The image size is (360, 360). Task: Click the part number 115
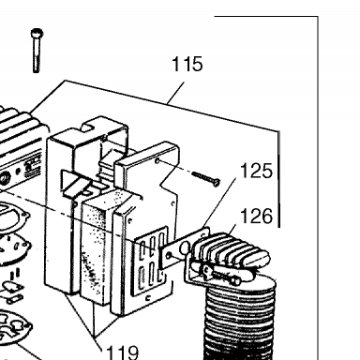(x=187, y=64)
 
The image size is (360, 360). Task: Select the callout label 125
(x=256, y=171)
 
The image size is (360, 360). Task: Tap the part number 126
(x=256, y=216)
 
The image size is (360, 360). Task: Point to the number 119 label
(x=122, y=352)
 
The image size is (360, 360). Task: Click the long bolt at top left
(x=37, y=51)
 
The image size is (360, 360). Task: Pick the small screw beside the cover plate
(x=206, y=178)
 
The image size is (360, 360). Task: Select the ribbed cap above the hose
(x=231, y=249)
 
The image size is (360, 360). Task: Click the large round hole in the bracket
(x=185, y=247)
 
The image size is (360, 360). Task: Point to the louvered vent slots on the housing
(x=152, y=261)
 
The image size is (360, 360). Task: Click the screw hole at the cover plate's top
(x=157, y=161)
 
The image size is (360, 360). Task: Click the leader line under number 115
(x=176, y=93)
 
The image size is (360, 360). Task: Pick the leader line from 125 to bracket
(x=219, y=202)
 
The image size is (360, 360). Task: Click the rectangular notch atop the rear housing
(x=88, y=127)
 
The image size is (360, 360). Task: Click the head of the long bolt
(x=37, y=33)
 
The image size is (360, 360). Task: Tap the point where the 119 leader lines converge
(x=95, y=337)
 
